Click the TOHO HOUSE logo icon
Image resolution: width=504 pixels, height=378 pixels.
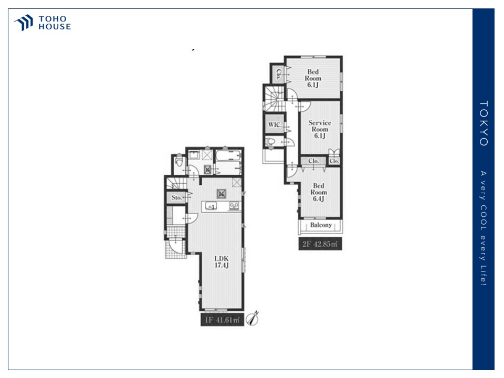point(24,23)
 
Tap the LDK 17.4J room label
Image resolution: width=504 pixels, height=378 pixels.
point(222,261)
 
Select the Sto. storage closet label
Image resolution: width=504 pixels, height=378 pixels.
point(176,197)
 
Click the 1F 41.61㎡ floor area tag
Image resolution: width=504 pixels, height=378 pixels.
point(222,320)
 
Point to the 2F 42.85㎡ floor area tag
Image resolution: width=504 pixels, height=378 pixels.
point(320,244)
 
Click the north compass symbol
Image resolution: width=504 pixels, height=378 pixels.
point(253,318)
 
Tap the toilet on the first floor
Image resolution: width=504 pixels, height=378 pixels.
point(180,161)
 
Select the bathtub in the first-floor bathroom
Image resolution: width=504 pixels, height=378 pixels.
point(228,156)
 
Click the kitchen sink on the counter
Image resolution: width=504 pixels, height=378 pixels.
point(211,206)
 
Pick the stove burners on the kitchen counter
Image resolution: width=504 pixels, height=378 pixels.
point(234,206)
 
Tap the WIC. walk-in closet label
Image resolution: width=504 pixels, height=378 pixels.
point(275,125)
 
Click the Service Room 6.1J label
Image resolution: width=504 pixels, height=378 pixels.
point(320,129)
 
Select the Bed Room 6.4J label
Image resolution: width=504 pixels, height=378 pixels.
point(319,192)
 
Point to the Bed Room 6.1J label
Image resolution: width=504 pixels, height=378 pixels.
point(313,78)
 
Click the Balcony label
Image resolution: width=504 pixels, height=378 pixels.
point(321,225)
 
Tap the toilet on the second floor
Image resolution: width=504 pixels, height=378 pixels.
point(271,142)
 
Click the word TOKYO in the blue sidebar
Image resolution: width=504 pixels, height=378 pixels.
point(484,123)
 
